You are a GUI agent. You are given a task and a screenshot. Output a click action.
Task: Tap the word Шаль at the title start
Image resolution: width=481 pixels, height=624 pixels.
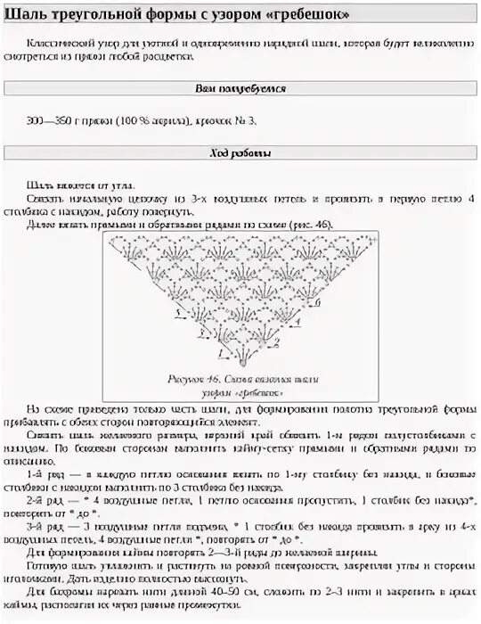pos(24,16)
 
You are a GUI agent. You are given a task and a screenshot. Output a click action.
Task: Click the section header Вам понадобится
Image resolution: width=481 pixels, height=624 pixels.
pos(240,89)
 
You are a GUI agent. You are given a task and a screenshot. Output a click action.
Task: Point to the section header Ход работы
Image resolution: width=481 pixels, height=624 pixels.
pos(240,152)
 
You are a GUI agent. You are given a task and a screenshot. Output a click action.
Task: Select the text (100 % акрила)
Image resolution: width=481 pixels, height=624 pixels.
pos(148,119)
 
